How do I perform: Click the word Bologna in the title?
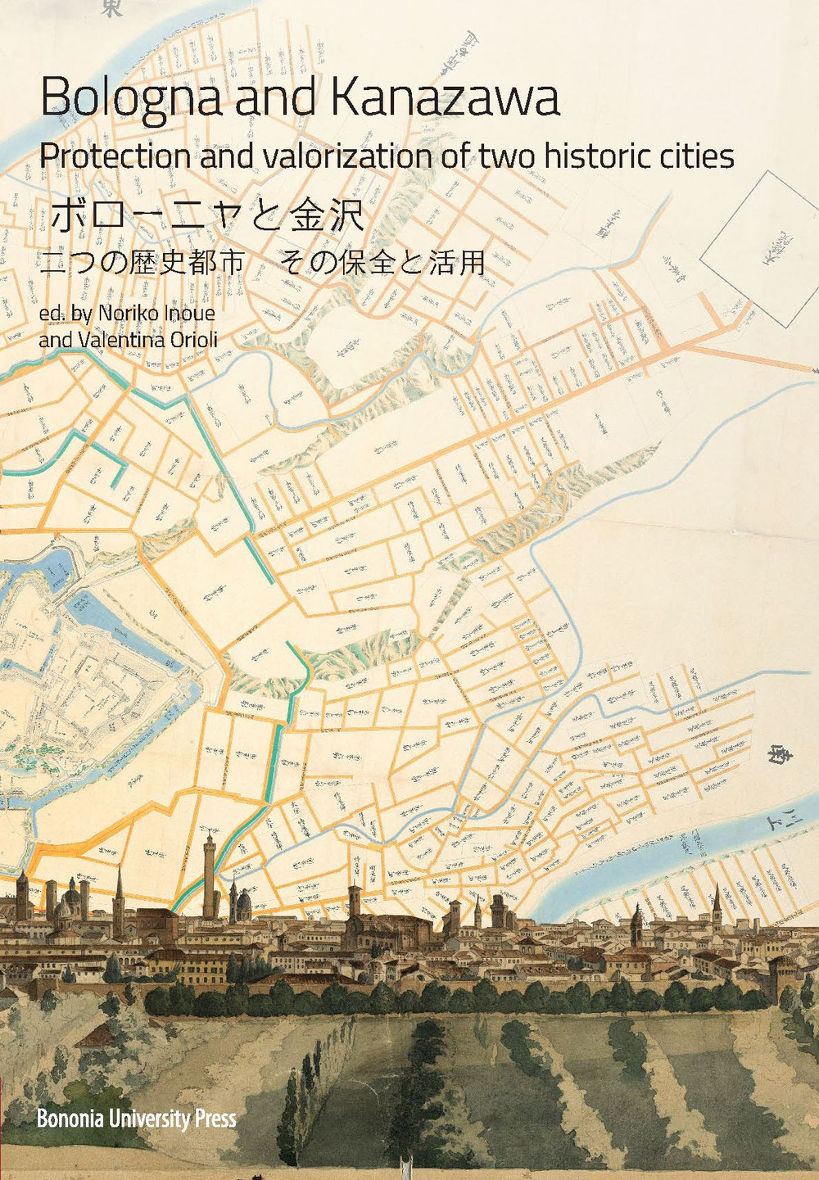click(132, 99)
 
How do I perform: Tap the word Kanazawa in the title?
click(446, 97)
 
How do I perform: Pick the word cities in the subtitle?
click(696, 156)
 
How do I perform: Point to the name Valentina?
click(120, 338)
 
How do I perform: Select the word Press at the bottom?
click(215, 1119)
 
